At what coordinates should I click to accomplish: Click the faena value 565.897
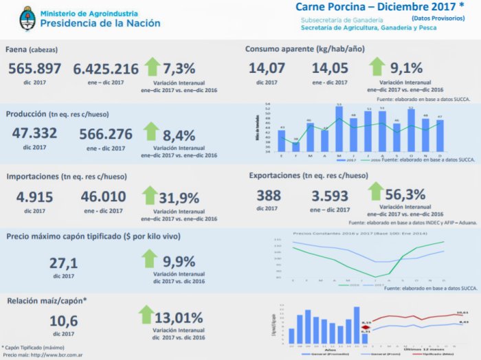(x=35, y=69)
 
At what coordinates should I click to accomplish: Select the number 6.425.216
(x=105, y=69)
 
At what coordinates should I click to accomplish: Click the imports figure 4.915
(x=35, y=196)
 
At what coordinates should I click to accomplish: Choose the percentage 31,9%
(x=180, y=199)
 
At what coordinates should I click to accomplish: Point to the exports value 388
(x=269, y=194)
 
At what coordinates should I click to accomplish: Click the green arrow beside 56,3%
(x=376, y=192)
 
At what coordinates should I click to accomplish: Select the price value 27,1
(x=64, y=263)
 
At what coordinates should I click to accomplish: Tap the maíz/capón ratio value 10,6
(x=64, y=320)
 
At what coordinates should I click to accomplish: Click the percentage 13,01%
(x=179, y=317)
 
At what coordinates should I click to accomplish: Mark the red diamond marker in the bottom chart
(x=366, y=327)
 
